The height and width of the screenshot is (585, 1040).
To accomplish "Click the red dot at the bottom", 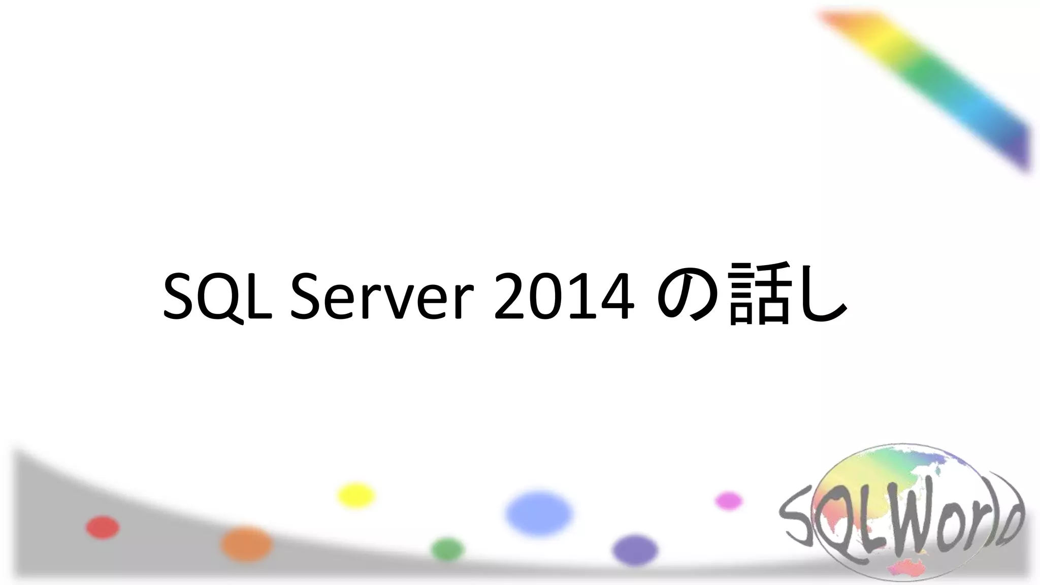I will [103, 527].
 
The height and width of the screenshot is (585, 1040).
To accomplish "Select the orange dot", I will [246, 543].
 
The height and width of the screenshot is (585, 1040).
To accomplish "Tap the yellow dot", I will [356, 495].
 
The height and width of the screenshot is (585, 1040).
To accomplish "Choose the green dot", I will [447, 549].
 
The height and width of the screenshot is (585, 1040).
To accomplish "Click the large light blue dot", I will [539, 513].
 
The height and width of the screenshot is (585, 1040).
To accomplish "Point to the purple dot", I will [635, 550].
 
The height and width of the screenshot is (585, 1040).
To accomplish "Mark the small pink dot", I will [729, 501].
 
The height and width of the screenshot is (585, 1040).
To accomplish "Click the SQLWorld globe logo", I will [901, 513].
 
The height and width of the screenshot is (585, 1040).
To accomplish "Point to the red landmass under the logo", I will [909, 568].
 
